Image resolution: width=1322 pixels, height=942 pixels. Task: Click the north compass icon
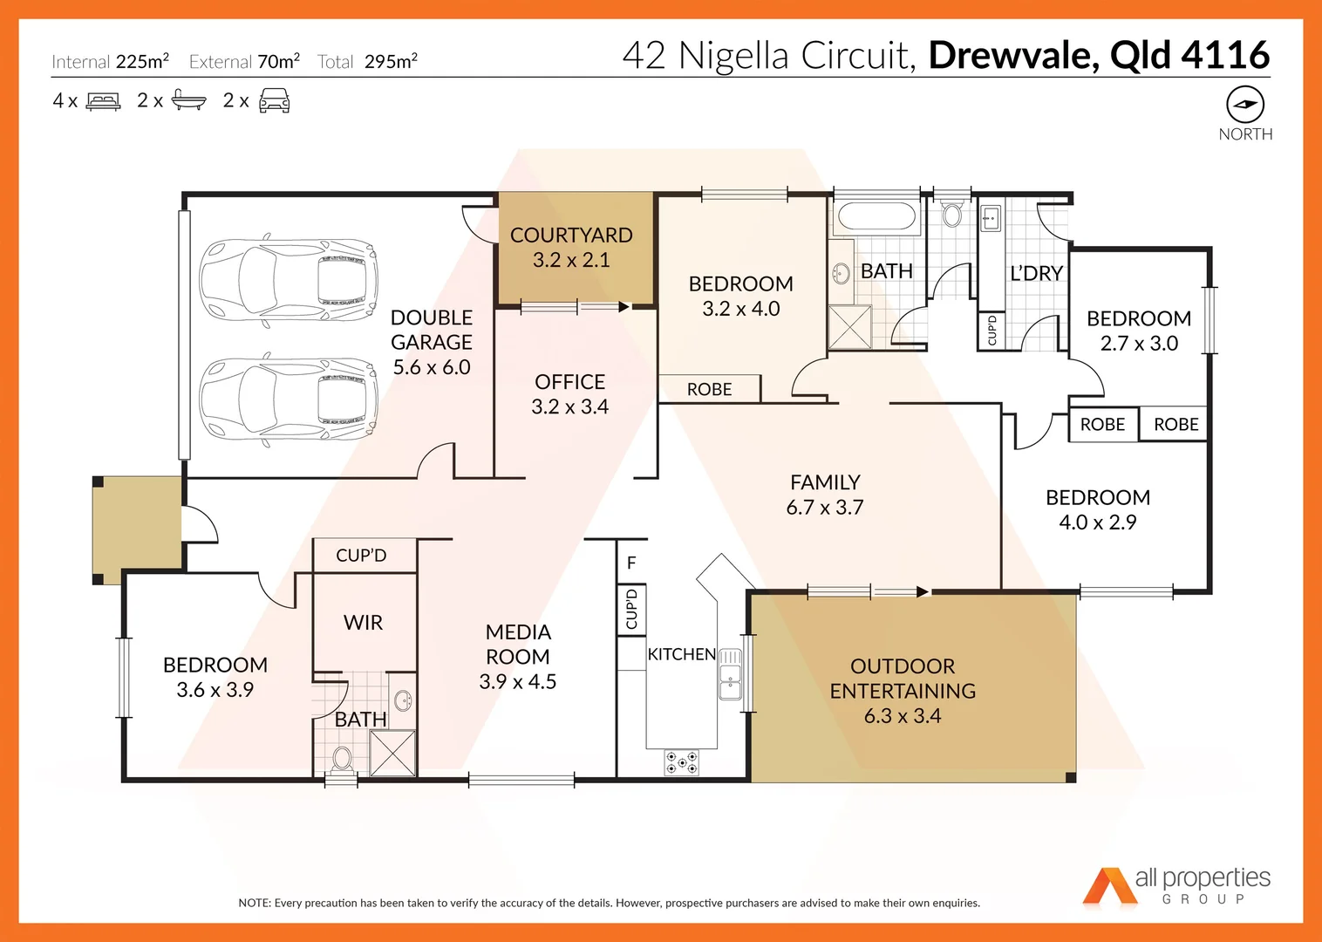tap(1244, 104)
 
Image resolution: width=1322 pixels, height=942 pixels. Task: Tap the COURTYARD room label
tap(571, 248)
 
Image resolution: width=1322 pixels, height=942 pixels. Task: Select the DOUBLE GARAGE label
tap(432, 342)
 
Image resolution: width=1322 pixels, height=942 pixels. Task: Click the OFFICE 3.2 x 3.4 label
tap(570, 394)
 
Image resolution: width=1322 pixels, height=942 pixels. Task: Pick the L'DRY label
tap(1036, 274)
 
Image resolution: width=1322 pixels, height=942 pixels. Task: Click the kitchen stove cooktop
tap(681, 762)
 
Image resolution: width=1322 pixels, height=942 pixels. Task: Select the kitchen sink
tap(730, 673)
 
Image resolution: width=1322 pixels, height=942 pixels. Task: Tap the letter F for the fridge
tap(631, 563)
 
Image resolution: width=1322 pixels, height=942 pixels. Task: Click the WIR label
tap(363, 623)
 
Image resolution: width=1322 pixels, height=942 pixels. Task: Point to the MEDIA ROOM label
tap(518, 657)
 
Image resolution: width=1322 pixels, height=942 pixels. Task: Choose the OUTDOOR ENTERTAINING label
tap(903, 691)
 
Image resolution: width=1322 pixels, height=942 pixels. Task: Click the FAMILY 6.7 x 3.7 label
tap(825, 495)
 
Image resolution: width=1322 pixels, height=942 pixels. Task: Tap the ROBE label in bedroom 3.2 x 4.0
tap(709, 389)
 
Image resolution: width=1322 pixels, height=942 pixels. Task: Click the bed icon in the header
tap(104, 101)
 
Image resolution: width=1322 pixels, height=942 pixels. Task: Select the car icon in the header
tap(274, 100)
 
